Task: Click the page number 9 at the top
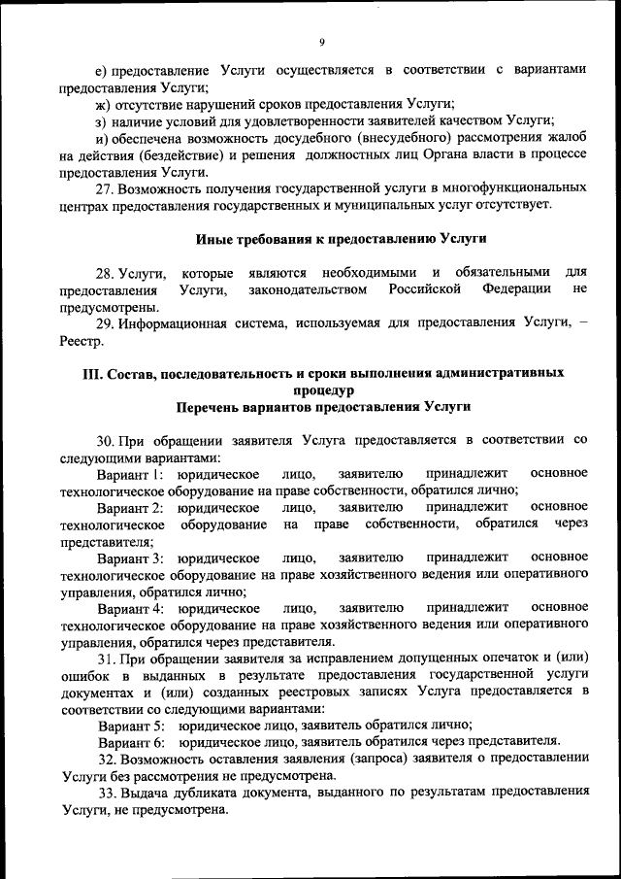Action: tap(321, 41)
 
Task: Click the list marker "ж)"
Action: tap(102, 103)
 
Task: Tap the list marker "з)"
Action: tap(101, 120)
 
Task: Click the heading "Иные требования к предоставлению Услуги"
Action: tap(341, 239)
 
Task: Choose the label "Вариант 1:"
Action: tap(134, 474)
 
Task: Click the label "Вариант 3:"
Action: tap(134, 558)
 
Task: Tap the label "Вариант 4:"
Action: tap(134, 608)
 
